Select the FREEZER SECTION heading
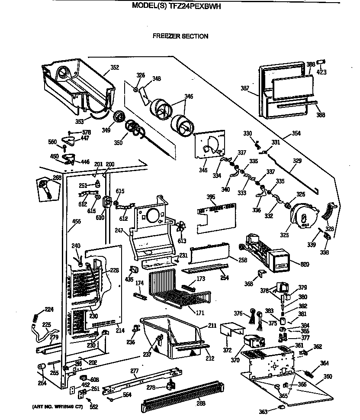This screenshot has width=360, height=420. (x=180, y=36)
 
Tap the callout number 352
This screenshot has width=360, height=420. (x=115, y=67)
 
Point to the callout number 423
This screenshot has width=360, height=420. (x=321, y=72)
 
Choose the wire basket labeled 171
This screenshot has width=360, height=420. (x=177, y=288)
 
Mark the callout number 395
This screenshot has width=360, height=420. (x=211, y=197)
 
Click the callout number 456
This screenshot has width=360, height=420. (x=76, y=221)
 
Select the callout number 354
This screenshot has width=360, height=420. (x=296, y=133)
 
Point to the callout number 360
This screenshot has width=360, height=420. (x=328, y=376)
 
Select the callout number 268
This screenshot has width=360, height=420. (x=57, y=177)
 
